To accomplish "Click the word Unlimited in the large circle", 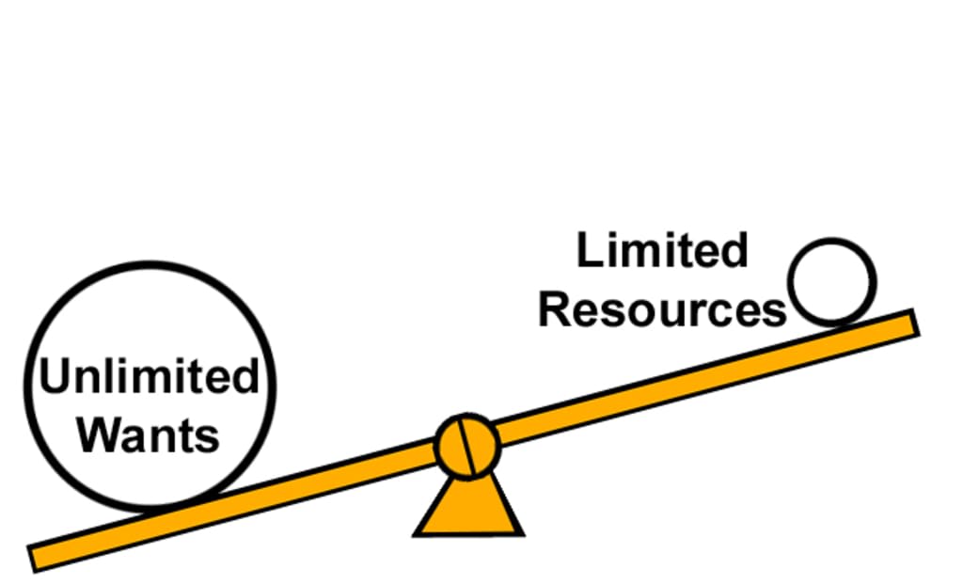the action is tap(149, 377).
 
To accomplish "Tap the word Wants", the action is tap(148, 434).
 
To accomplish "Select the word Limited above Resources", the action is tap(662, 251).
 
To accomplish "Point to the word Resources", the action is tap(662, 309).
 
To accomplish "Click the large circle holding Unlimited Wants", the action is tap(149, 310).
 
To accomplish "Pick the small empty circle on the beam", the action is tap(831, 281).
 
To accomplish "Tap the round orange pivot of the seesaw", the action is tap(467, 447).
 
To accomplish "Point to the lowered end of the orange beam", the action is tap(39, 557).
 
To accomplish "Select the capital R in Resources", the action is tap(555, 309).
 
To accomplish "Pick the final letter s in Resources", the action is tap(775, 311).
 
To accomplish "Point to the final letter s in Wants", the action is tap(209, 437).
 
